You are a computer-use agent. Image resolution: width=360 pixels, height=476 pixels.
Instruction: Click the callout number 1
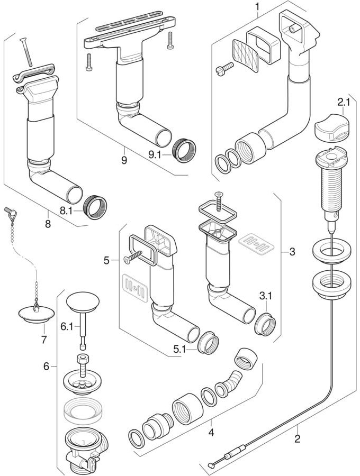[x=258, y=7]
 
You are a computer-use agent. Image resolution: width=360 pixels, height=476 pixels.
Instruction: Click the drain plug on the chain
[x=35, y=313]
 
